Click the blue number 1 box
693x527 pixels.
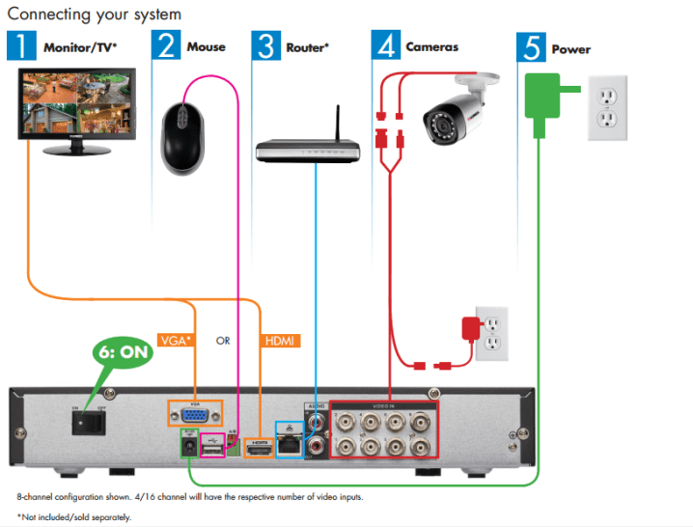20,45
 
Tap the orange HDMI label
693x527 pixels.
280,341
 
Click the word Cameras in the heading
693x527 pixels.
431,46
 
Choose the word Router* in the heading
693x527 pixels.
308,46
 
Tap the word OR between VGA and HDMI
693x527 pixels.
223,341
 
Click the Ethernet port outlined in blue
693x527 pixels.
289,441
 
